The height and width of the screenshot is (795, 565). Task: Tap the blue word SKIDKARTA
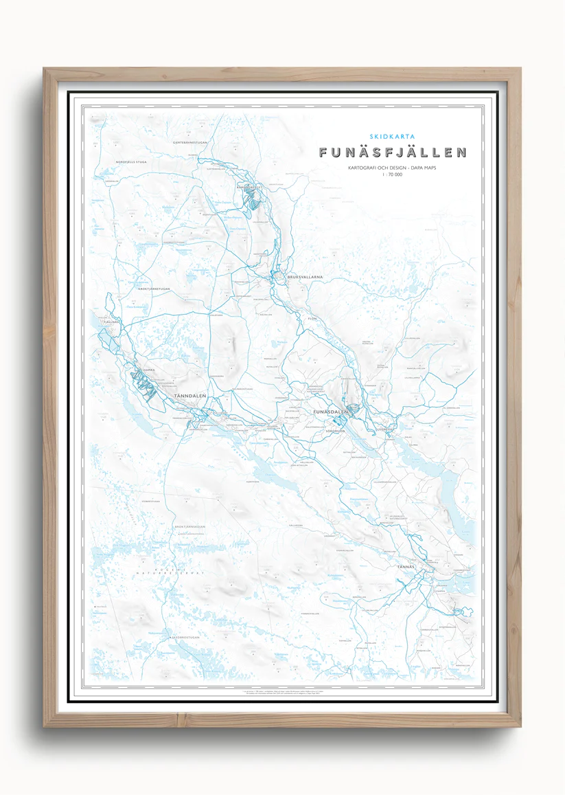pos(392,136)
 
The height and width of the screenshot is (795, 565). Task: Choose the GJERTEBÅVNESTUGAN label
pos(180,142)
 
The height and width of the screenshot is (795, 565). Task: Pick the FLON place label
pos(312,319)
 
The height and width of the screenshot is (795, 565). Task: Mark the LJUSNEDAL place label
pos(387,429)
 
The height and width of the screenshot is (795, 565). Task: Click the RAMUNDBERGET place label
pos(250,186)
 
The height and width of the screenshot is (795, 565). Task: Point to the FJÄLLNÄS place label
pos(111,322)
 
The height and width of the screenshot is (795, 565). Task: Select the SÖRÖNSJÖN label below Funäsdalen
pos(334,431)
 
